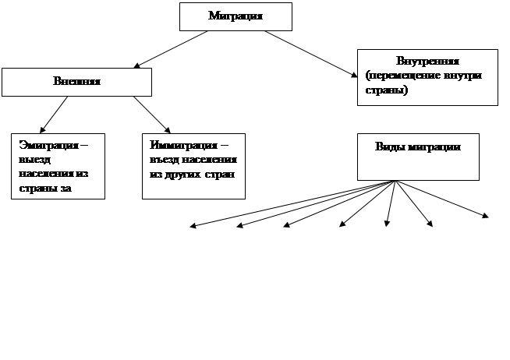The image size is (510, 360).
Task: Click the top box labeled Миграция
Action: [x=236, y=16]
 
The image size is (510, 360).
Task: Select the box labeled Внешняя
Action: [x=76, y=82]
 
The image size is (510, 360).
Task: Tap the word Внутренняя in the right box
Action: [x=427, y=62]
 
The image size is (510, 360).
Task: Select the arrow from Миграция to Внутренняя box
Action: [x=308, y=53]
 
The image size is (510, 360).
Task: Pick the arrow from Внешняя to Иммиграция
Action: [x=152, y=114]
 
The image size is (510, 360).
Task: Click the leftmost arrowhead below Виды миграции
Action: [x=193, y=227]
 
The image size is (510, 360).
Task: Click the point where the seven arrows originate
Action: [x=397, y=182]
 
